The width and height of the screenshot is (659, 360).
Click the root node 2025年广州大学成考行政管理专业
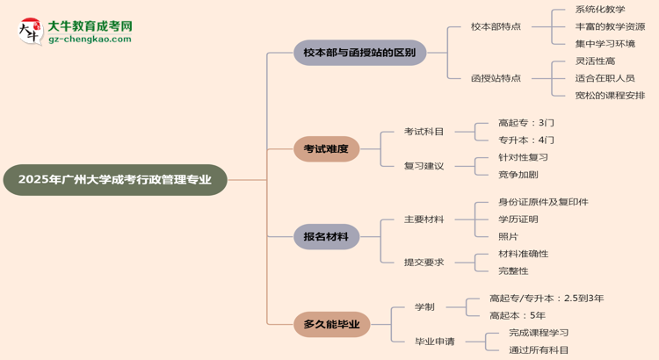[115, 180]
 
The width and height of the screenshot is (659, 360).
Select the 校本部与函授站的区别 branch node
[359, 53]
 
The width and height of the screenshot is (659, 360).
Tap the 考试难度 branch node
[326, 148]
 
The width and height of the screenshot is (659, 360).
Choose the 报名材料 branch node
[326, 236]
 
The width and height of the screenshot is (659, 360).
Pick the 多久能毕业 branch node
[331, 324]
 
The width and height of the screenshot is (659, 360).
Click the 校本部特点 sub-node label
[496, 27]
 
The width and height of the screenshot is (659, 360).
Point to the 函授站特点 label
[496, 78]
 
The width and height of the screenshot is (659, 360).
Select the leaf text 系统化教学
[600, 10]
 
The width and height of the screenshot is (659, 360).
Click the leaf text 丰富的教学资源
[611, 26]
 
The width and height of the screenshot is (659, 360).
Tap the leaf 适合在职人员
[605, 78]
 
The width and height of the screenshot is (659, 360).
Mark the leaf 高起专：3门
[526, 123]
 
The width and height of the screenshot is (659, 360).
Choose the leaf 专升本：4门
[526, 140]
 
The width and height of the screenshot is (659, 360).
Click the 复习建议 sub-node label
[424, 166]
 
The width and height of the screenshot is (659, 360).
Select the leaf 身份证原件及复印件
[543, 202]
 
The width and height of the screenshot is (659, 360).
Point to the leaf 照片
[508, 236]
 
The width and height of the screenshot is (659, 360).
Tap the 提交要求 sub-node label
[424, 262]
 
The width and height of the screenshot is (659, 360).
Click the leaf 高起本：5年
[518, 315]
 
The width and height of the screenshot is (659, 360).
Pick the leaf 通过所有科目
[539, 349]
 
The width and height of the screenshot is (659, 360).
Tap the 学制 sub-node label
[424, 306]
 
